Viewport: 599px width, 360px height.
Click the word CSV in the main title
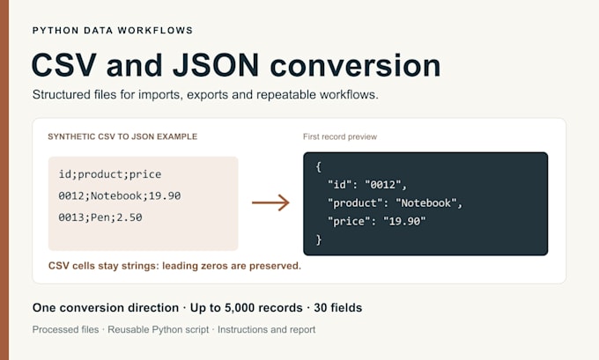click(63, 65)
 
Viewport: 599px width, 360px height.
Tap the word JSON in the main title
click(216, 65)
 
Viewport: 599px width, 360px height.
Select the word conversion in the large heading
click(355, 65)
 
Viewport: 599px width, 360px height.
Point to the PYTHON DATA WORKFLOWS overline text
click(113, 31)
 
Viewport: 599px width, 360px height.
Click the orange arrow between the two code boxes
click(270, 202)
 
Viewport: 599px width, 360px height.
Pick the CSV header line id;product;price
click(110, 174)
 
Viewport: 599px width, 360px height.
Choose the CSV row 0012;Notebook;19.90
click(120, 195)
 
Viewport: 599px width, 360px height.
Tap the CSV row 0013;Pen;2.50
click(100, 217)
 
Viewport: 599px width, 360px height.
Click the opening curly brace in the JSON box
click(319, 167)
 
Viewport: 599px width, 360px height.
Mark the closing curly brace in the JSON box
click(319, 239)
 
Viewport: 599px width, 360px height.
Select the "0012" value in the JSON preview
click(383, 185)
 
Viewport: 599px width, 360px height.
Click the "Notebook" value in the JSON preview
click(426, 203)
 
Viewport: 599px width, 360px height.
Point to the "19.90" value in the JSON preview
click(404, 222)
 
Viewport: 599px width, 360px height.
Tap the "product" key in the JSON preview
click(355, 203)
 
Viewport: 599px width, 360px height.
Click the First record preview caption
click(340, 136)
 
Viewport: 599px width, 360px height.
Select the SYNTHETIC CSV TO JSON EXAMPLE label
click(122, 136)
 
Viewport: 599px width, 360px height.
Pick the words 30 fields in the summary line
click(337, 308)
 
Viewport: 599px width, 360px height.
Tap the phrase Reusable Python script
click(159, 329)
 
